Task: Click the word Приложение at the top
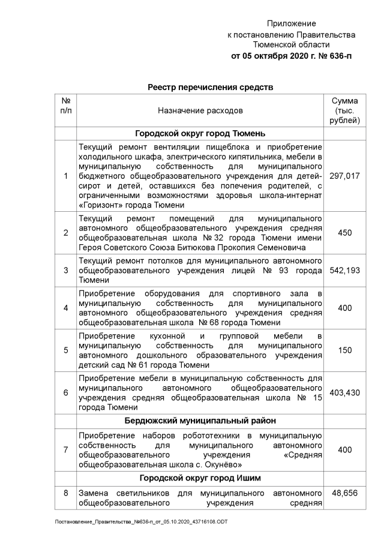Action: point(291,23)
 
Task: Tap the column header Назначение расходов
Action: point(200,111)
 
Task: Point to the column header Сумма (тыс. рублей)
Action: point(345,111)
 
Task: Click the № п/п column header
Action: point(65,106)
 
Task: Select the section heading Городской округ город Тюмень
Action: point(200,133)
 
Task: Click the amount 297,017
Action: point(345,176)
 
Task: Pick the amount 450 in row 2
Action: point(345,233)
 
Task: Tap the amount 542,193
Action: point(345,271)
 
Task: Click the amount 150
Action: point(345,350)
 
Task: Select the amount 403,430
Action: point(345,393)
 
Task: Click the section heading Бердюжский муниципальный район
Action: point(200,421)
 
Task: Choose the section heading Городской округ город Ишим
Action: point(200,478)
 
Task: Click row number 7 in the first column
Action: point(65,449)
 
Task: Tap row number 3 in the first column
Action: point(65,271)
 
